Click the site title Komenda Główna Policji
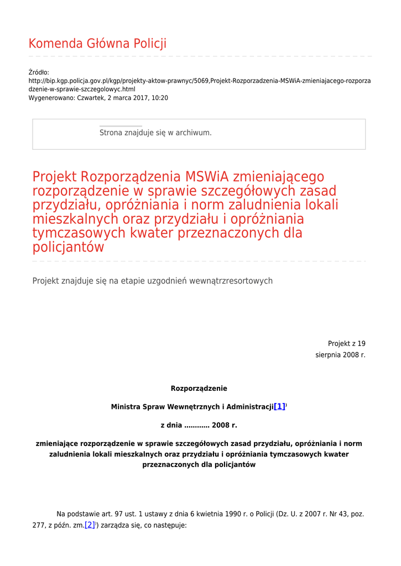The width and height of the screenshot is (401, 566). pos(97,44)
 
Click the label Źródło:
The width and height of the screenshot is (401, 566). pos(39,72)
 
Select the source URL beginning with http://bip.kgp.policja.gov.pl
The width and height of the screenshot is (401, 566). pos(199,81)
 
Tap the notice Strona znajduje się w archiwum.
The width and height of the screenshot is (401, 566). pos(155,133)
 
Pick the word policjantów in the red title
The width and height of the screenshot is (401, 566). pos(68,248)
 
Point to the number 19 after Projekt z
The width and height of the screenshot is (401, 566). pos(361,343)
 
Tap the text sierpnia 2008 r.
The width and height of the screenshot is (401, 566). pos(340,355)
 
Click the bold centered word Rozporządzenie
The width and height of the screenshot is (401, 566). pos(199,389)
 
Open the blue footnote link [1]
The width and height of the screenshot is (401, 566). pos(279,406)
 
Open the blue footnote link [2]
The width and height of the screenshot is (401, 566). pos(90,525)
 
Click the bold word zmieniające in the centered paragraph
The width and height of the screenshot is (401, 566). pos(57,444)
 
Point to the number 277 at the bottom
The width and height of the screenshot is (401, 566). pos(38,526)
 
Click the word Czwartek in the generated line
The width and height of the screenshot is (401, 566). pos(90,98)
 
